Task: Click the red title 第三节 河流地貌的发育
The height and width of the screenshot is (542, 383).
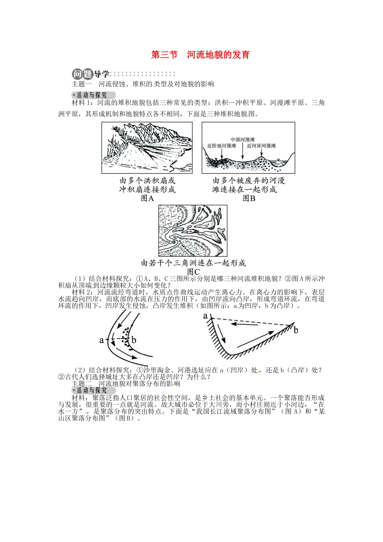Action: pos(200,55)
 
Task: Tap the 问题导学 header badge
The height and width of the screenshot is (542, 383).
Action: pos(91,74)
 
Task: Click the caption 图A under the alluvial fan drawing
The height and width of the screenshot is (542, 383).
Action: pos(147,198)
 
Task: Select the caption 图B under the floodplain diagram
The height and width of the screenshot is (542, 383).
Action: pos(249,198)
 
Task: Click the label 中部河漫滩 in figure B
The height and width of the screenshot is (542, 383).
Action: pos(243,140)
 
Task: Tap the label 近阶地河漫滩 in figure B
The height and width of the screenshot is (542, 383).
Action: pos(222,146)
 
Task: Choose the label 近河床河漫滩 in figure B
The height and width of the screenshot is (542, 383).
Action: pos(262,146)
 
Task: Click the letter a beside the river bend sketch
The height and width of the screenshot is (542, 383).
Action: pos(102,340)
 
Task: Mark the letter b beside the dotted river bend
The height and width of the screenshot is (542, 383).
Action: pos(134,340)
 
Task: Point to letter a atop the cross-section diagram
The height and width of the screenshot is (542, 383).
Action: pos(205,315)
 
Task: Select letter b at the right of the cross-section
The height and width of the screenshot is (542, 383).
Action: pos(296,330)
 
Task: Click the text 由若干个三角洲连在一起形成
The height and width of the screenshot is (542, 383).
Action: pos(193,263)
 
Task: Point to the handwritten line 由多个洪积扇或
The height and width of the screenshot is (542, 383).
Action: pos(147,181)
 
